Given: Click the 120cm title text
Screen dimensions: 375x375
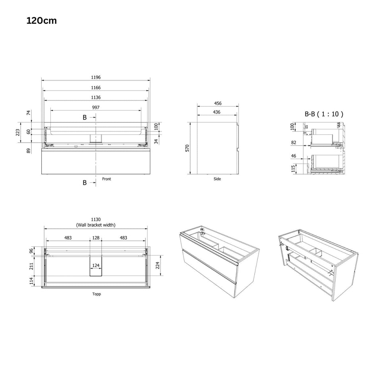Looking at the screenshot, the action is pos(41,21).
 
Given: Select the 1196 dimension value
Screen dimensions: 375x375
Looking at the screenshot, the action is pos(96,77).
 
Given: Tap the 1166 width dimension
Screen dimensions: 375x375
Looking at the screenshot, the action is pos(96,87).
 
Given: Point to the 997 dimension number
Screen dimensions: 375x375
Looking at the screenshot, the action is pos(96,107).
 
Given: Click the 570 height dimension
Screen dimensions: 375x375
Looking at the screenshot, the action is pos(187,148).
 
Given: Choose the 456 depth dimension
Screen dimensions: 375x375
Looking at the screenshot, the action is pos(218,103).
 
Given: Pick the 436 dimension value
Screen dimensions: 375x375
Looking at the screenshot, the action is pos(216,112).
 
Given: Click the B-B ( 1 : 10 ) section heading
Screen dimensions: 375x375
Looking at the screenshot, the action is pos(324,114).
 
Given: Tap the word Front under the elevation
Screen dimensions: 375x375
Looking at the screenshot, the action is pos(106,179).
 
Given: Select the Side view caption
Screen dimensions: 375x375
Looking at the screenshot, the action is pos(217,179).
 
